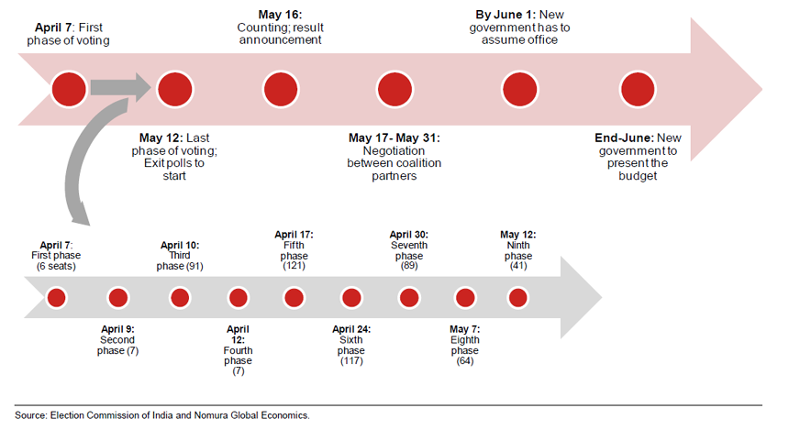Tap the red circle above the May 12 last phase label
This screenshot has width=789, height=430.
[173, 90]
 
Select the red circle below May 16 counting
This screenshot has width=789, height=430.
[282, 90]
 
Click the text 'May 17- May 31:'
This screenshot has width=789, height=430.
[394, 138]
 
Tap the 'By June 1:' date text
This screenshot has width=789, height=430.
[505, 16]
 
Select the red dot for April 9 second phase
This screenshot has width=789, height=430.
[117, 298]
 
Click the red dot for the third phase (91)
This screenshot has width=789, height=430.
[180, 298]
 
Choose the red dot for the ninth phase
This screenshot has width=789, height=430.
[517, 298]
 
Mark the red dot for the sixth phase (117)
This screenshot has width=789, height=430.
[351, 298]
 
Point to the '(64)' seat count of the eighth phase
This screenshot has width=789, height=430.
[465, 361]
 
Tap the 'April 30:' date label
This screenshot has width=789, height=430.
[409, 235]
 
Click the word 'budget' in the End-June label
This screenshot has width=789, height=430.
[638, 175]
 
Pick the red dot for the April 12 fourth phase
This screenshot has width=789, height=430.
[238, 298]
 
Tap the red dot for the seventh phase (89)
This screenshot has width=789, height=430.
[409, 298]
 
